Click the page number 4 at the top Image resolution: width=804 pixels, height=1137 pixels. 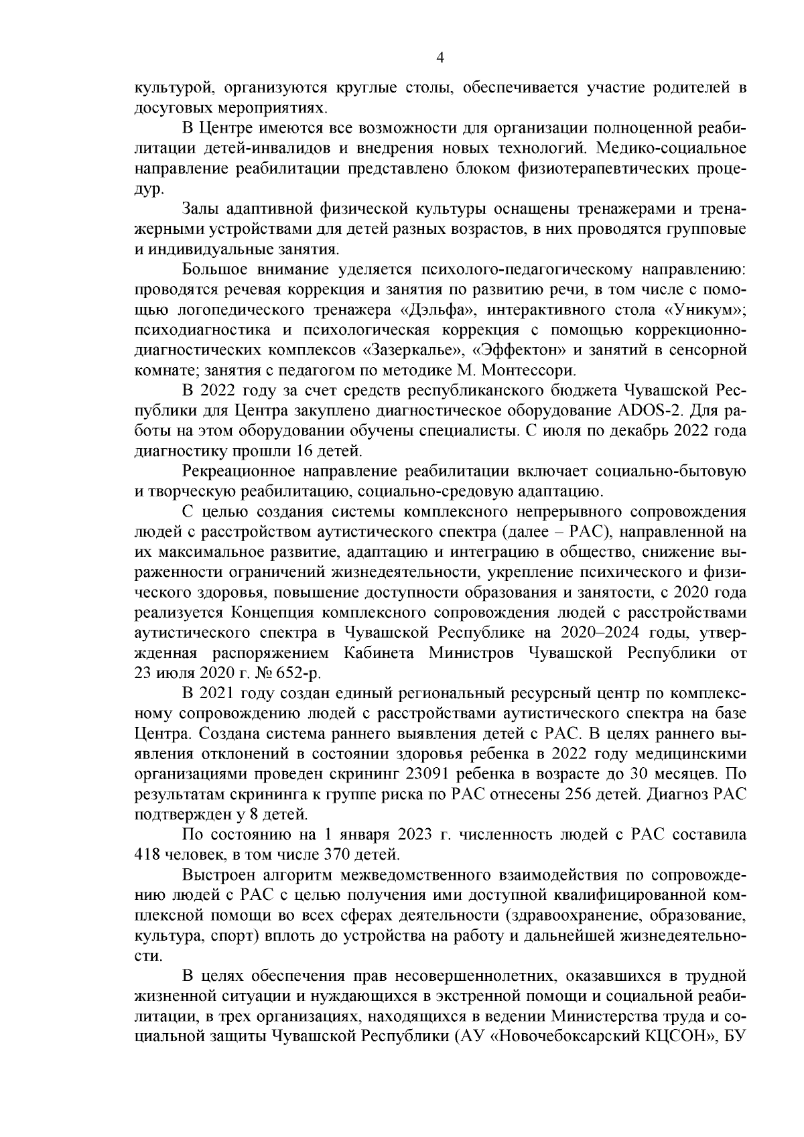coord(440,58)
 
